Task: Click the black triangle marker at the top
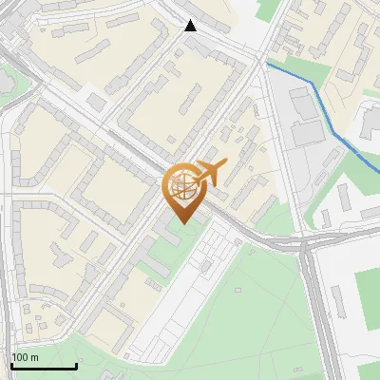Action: tap(191, 26)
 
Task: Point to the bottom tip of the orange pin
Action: tap(182, 223)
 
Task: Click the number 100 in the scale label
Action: tap(21, 357)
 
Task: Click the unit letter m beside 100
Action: tap(35, 357)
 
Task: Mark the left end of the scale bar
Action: tap(11, 367)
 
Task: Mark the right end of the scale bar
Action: tap(76, 367)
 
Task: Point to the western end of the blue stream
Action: tap(267, 64)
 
